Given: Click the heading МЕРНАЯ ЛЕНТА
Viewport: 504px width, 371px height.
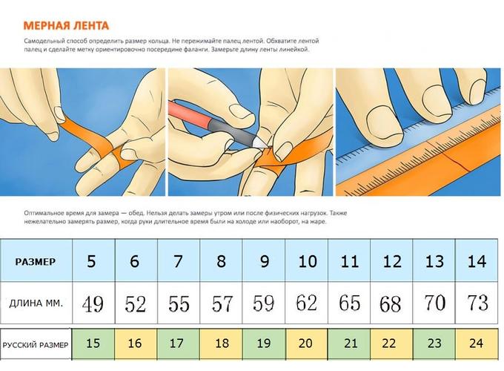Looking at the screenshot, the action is coord(66,26).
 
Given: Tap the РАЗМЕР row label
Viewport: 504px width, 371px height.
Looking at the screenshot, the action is coord(36,262).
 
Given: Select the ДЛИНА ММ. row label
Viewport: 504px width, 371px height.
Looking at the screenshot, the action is coord(36,303).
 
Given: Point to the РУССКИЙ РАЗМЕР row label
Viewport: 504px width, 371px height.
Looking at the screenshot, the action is coord(36,345).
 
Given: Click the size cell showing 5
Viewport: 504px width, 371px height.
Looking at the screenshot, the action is coord(93,260).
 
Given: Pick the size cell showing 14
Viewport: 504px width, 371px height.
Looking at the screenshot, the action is coord(477,260).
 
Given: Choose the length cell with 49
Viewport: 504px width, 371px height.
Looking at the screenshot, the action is coord(93,303).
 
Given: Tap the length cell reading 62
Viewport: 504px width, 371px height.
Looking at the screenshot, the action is coord(306,303).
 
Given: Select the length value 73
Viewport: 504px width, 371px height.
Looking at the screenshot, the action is coord(477,302).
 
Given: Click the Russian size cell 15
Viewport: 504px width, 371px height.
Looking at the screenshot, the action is coord(93,344).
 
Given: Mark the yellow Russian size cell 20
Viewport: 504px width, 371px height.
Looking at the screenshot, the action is coord(306,344).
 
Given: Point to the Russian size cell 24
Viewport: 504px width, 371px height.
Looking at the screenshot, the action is coord(477,344).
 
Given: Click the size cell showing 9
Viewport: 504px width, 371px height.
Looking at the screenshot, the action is coord(264,260).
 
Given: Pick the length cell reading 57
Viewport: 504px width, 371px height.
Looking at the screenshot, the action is coord(221,303).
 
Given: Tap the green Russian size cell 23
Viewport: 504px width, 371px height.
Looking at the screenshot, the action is coord(434,344).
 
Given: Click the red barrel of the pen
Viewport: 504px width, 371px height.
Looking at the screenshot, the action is coord(190,114).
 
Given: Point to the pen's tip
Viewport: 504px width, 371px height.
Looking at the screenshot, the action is coord(267,146).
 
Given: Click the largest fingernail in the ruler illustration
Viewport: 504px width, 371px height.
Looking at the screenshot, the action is coord(385,123).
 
